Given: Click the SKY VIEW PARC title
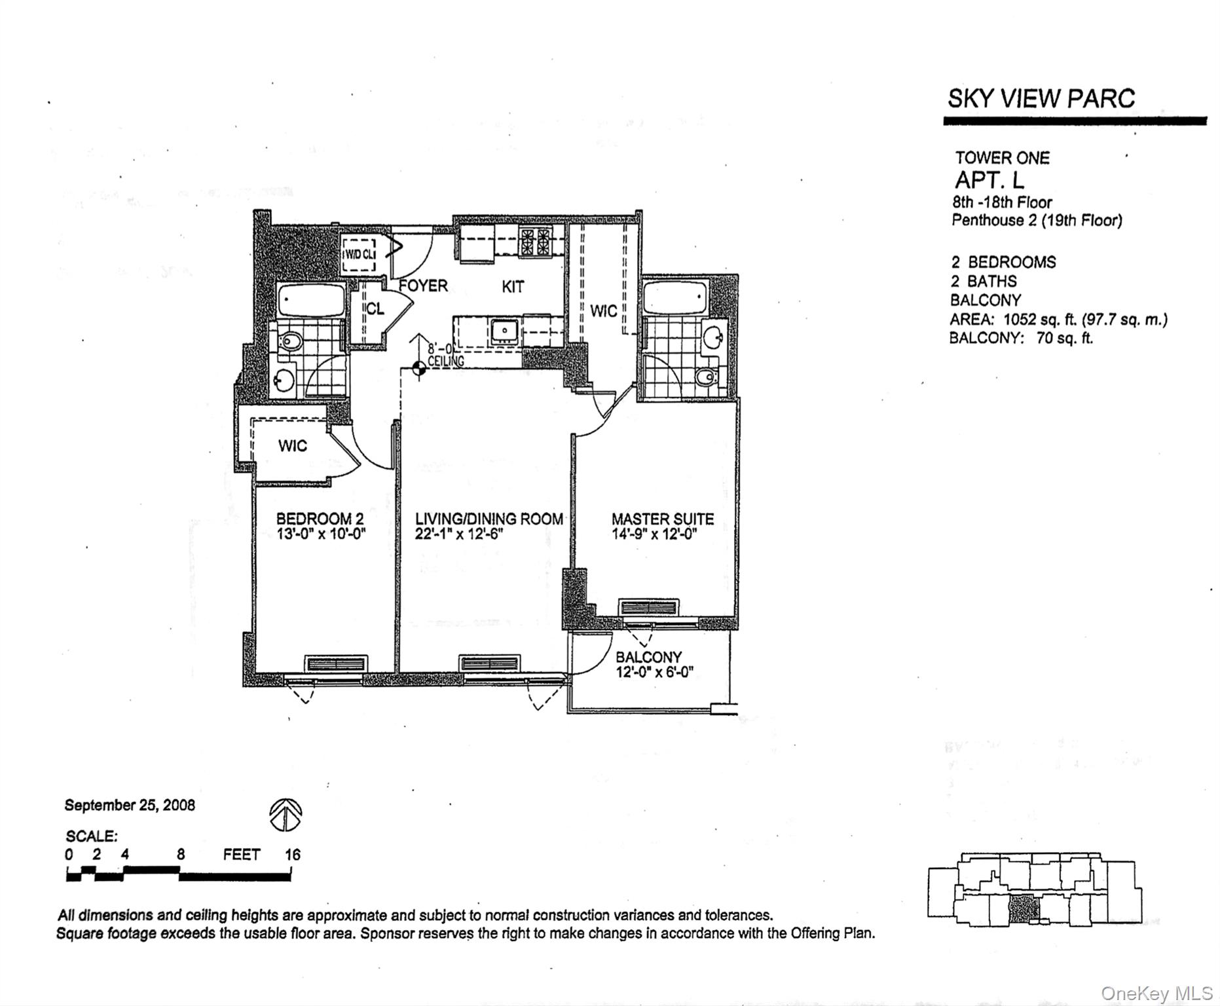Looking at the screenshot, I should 1041,99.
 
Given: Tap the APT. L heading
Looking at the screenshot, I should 989,180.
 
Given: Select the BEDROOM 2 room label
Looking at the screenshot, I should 320,519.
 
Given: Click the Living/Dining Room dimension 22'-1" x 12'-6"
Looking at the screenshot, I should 459,534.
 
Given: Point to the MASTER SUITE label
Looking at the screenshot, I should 662,519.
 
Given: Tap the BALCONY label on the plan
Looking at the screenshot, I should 648,657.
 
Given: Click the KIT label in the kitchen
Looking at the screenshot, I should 513,287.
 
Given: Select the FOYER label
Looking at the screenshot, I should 424,286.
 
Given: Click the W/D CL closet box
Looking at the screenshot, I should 359,254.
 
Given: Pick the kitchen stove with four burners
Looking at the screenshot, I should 535,242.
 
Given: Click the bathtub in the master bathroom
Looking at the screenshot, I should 675,298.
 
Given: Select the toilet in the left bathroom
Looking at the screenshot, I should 291,341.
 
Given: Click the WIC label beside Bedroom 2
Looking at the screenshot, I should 292,446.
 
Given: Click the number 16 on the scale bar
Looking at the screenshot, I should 292,855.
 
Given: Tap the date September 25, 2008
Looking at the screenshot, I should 130,806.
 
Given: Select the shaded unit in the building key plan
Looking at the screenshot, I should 1024,909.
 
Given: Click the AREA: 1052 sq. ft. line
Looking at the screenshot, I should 1058,320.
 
